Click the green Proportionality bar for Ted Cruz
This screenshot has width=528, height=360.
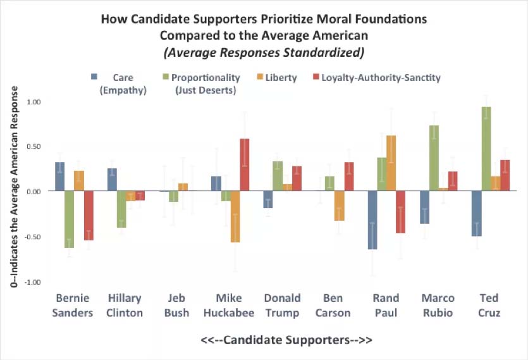(486, 149)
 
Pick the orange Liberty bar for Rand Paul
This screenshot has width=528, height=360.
(391, 163)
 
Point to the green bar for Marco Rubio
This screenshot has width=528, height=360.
(434, 158)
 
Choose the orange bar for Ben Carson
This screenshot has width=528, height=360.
(340, 206)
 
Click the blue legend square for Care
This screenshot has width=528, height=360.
(94, 77)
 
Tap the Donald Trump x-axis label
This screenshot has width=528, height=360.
(283, 305)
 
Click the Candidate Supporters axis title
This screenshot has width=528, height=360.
(286, 340)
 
